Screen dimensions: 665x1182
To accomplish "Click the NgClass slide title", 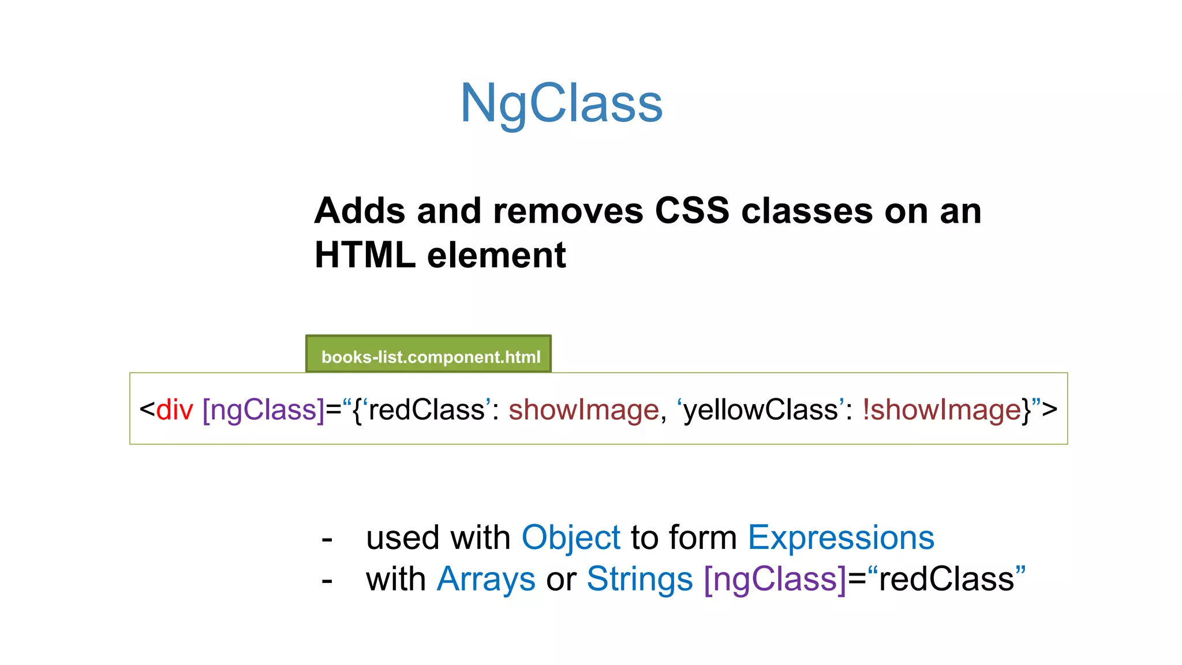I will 561,103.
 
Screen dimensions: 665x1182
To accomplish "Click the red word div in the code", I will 174,410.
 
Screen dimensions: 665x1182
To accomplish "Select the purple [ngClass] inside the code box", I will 263,410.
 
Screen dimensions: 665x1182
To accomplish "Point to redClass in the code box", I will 427,410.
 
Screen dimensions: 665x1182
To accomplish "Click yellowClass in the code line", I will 761,410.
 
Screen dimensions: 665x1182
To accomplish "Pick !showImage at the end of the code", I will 942,410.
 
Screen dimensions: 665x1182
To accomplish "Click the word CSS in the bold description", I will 692,211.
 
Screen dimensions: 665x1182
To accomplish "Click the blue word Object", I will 571,537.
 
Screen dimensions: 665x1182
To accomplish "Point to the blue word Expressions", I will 841,537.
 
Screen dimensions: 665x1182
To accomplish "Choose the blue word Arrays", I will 486,579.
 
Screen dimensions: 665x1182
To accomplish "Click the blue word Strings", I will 639,579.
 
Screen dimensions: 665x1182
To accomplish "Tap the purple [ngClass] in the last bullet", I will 775,579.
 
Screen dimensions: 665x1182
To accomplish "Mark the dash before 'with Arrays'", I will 327,581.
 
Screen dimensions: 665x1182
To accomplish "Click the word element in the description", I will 496,255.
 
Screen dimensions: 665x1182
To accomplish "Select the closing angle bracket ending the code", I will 1050,410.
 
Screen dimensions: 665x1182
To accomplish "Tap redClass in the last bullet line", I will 947,579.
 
